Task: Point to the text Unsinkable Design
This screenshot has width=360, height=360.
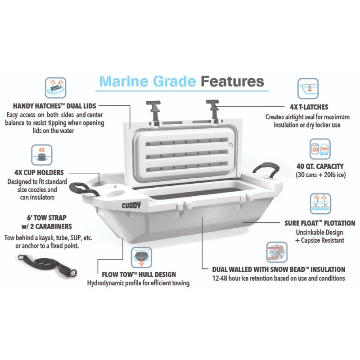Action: [319, 232]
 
